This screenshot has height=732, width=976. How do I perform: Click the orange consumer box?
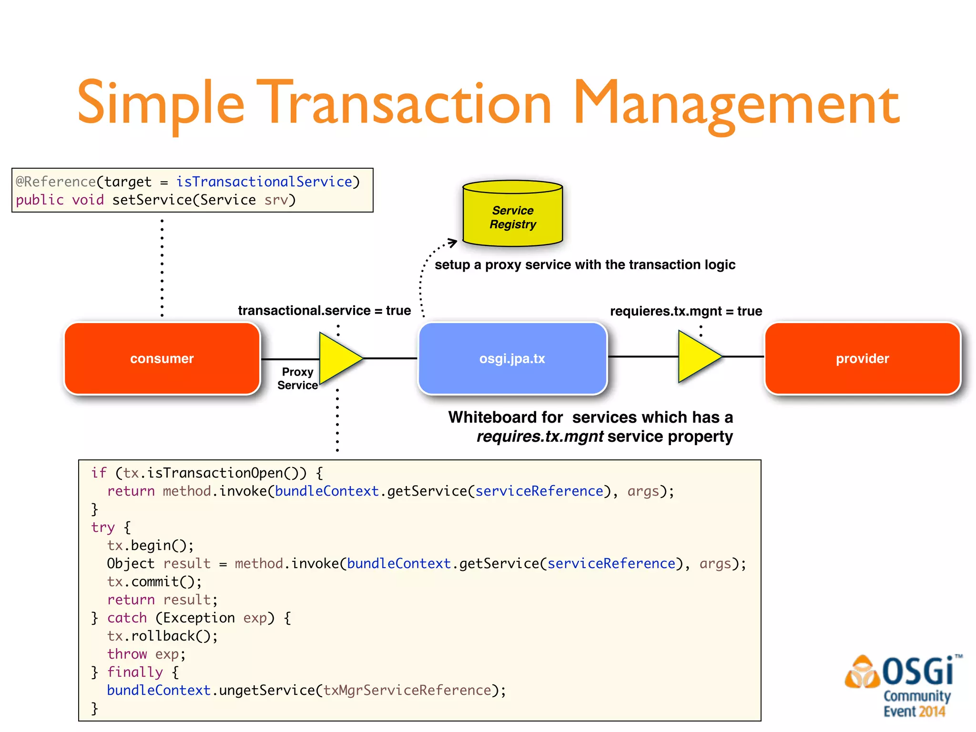162,358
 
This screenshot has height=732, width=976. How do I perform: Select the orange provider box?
862,358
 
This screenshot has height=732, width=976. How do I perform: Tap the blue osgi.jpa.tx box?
512,358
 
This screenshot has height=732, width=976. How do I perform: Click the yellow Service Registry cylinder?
513,214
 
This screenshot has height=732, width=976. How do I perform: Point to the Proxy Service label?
297,378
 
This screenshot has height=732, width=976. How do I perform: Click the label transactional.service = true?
324,311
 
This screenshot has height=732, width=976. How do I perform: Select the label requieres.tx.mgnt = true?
686,311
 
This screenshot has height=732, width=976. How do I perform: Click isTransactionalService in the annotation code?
264,182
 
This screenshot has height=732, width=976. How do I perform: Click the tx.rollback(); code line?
162,636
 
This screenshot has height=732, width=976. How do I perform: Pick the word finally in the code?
135,672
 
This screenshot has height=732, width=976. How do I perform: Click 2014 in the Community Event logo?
932,712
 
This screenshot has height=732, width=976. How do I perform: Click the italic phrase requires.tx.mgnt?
540,437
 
